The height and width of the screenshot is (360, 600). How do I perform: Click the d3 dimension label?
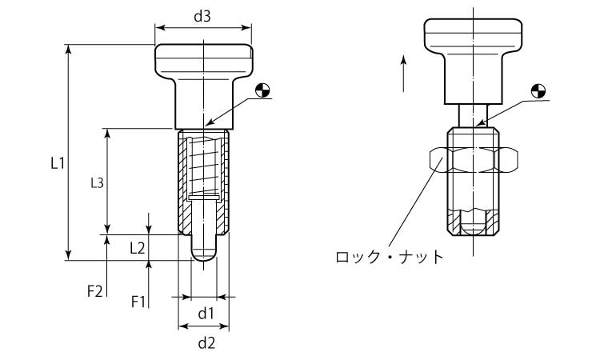click(202, 18)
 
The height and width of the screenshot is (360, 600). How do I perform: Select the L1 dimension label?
click(57, 163)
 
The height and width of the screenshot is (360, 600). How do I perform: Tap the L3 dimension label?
click(96, 182)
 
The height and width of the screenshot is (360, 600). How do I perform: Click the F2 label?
click(94, 292)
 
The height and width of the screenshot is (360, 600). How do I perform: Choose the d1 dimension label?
click(205, 312)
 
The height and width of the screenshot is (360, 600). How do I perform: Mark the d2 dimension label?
click(205, 344)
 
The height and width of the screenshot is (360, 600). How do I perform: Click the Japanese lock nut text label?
click(389, 257)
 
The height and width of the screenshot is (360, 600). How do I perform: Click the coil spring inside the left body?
click(205, 164)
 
